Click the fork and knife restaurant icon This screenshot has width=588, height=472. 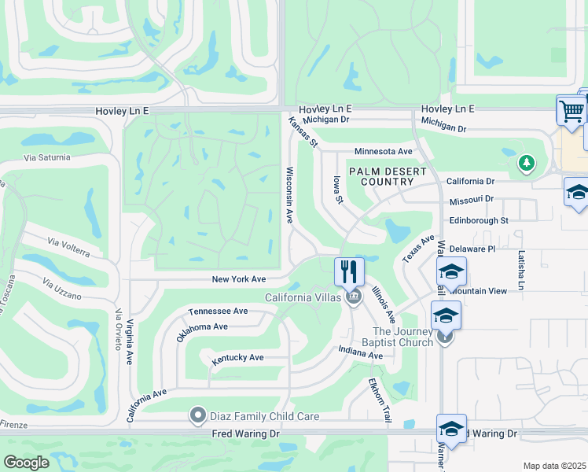(349, 272)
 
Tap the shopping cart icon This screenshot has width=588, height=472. (571, 110)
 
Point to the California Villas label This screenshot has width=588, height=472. (303, 297)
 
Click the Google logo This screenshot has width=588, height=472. (26, 463)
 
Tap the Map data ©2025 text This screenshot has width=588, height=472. (554, 466)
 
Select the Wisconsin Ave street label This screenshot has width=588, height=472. (290, 194)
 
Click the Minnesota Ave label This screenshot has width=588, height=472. (384, 151)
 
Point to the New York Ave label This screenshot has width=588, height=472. (239, 279)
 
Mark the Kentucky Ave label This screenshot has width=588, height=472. (238, 358)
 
